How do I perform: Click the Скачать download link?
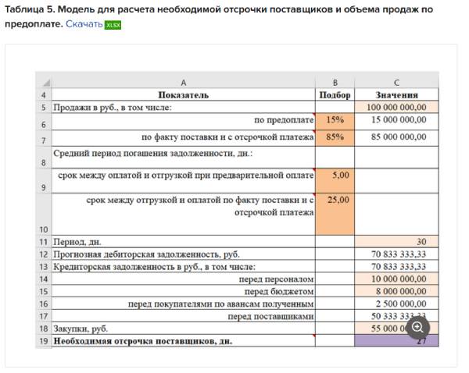[84, 25]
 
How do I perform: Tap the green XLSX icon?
[113, 25]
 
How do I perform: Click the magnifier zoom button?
[418, 328]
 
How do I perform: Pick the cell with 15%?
[335, 120]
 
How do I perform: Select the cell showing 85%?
[335, 137]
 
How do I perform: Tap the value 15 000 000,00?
[399, 120]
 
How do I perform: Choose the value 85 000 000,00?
[399, 137]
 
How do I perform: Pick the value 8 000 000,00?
[400, 291]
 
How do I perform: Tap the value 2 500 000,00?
[400, 304]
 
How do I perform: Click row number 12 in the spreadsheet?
[43, 254]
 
